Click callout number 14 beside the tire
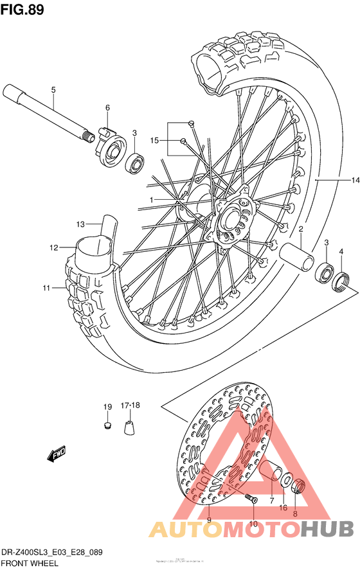(355, 181)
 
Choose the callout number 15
(154, 140)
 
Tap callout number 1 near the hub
(152, 200)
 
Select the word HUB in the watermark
(328, 528)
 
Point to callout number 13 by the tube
(80, 224)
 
